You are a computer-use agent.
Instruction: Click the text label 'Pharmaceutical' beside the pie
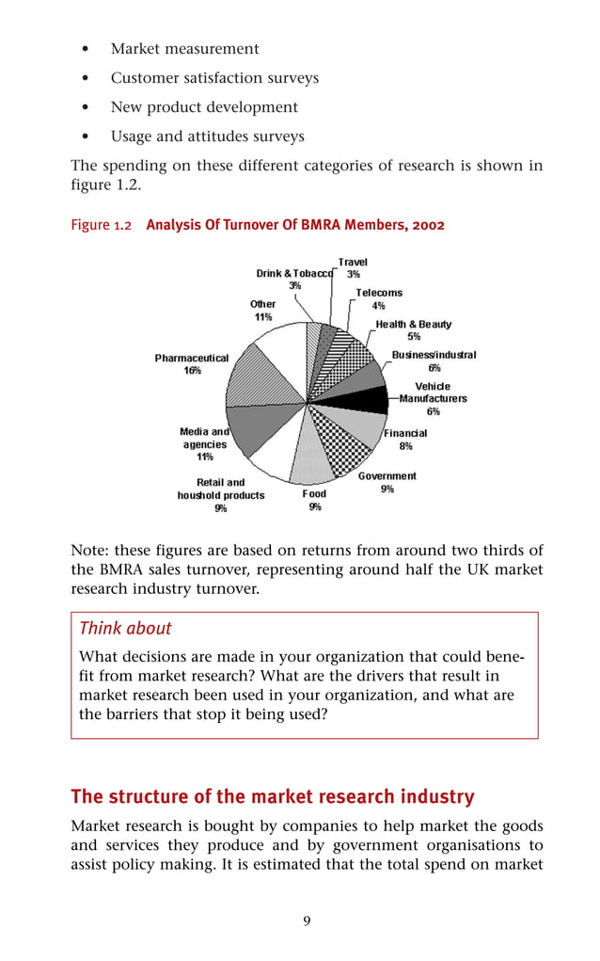(x=192, y=358)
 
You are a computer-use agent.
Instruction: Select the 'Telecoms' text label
(x=379, y=293)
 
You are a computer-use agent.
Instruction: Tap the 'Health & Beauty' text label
(x=414, y=324)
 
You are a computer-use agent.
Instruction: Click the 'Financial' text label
(x=405, y=433)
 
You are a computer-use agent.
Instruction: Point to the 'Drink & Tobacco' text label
(x=294, y=273)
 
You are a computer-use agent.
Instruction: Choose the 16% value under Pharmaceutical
(x=192, y=371)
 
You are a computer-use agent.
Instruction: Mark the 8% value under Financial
(x=405, y=446)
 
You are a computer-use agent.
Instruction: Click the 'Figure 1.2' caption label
(x=101, y=225)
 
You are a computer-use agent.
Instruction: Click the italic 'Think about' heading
(x=125, y=628)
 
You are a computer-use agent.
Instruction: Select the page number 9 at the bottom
(x=307, y=921)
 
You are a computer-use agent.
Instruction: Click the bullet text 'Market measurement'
(x=184, y=48)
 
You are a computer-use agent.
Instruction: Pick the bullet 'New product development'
(x=204, y=106)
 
